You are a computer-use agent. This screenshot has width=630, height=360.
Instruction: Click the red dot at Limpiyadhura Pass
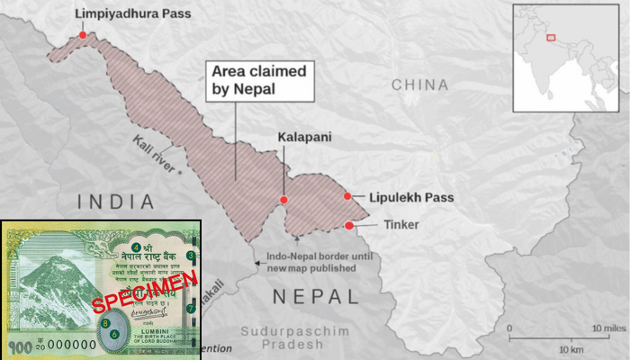click(x=83, y=35)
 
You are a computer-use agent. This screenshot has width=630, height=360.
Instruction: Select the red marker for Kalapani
click(x=283, y=200)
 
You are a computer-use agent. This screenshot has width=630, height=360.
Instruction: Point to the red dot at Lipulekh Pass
click(x=347, y=196)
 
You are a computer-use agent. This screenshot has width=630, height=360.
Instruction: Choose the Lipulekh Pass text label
click(x=405, y=197)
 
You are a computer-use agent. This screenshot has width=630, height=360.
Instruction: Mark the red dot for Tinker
click(x=348, y=225)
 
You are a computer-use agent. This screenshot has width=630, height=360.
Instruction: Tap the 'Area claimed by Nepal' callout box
click(x=260, y=80)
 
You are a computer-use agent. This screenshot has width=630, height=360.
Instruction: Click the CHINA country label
click(x=419, y=85)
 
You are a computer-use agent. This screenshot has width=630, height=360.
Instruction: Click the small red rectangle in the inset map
click(x=551, y=39)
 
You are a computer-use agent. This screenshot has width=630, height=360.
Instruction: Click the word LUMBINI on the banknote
click(x=143, y=331)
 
